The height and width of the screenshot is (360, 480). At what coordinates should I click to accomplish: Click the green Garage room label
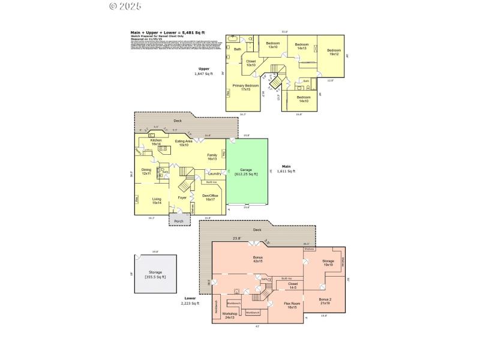(246, 172)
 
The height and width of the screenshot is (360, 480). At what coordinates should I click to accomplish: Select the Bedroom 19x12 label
(334, 52)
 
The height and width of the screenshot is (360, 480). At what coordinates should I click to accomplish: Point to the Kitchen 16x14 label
(156, 142)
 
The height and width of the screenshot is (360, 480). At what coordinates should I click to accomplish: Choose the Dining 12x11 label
(146, 172)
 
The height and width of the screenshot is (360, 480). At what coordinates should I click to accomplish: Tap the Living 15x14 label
(157, 201)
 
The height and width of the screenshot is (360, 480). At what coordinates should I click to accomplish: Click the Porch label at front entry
(179, 221)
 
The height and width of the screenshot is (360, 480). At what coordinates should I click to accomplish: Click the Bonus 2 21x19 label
(325, 301)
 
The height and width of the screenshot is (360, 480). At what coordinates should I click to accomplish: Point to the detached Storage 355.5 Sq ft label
(155, 274)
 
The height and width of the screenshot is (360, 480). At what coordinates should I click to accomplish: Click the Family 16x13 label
(212, 157)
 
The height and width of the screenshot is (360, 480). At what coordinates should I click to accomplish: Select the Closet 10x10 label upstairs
(251, 63)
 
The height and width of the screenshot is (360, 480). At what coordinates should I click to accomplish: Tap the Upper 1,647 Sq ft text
(203, 71)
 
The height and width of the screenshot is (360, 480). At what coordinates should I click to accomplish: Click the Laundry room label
(214, 174)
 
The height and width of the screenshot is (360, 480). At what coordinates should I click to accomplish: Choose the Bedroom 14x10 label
(304, 98)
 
